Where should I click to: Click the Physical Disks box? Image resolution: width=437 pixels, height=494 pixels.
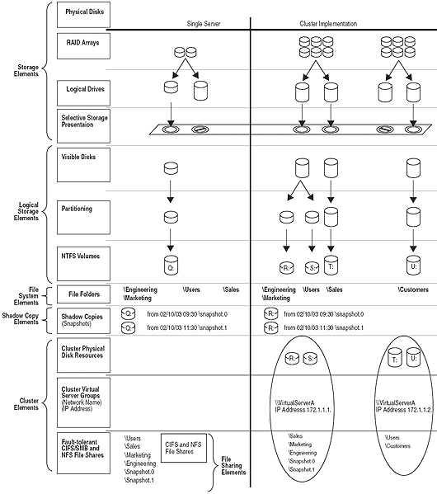82,13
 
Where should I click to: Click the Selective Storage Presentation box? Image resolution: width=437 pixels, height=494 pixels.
82,121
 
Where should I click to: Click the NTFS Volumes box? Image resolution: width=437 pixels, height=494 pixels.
82,261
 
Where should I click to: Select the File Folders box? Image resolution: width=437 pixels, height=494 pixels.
82,294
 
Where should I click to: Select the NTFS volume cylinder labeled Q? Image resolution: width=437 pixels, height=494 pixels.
170,266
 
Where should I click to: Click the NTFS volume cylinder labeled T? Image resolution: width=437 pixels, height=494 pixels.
330,266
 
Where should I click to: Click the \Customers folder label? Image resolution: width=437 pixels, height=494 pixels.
412,290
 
